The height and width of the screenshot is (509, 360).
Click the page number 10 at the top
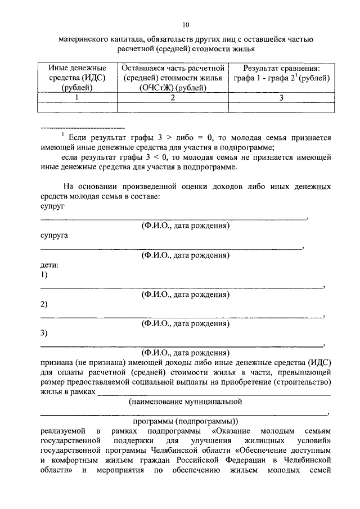pos(186,24)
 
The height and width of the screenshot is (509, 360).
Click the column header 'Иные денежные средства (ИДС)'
pos(77,78)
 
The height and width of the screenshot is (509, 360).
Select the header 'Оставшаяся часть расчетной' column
pos(173,78)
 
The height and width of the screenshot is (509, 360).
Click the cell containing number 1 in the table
pos(77,97)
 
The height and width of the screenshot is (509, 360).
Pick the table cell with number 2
pos(173,97)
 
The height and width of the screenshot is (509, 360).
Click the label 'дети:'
pos(49,264)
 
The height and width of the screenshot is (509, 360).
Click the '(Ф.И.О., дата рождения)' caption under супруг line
pos(185,226)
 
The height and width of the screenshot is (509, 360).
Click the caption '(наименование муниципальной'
pos(185,402)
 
